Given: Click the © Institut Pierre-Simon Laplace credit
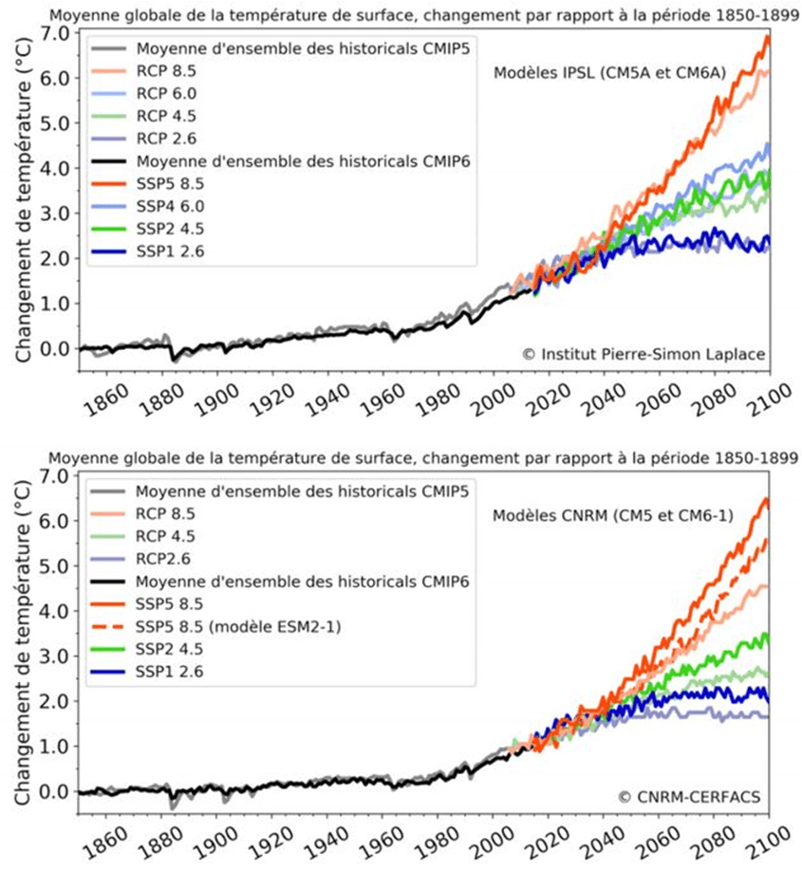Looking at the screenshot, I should [x=643, y=354].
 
